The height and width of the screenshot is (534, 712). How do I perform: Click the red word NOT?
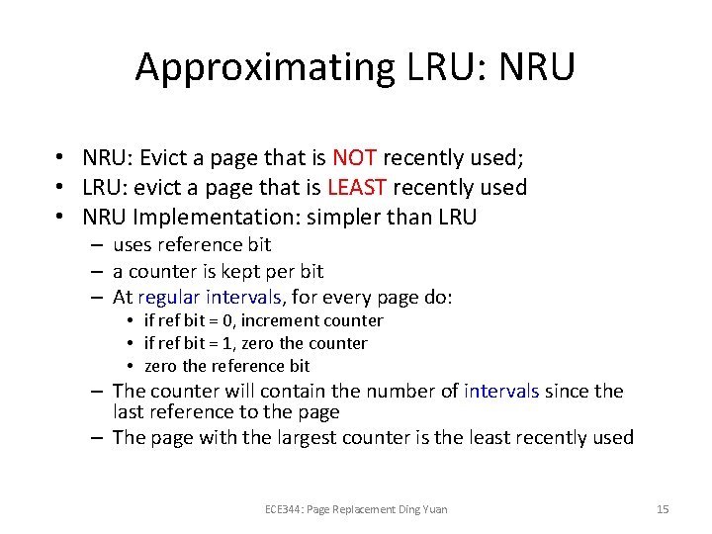pyautogui.click(x=354, y=158)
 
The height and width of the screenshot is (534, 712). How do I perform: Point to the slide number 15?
pyautogui.click(x=663, y=509)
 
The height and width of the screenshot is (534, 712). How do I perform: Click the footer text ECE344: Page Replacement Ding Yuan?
pyautogui.click(x=356, y=509)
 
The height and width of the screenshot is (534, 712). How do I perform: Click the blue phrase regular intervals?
pyautogui.click(x=211, y=298)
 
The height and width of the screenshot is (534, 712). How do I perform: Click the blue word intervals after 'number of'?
pyautogui.click(x=501, y=392)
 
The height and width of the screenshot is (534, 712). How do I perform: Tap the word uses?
pyautogui.click(x=133, y=245)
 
